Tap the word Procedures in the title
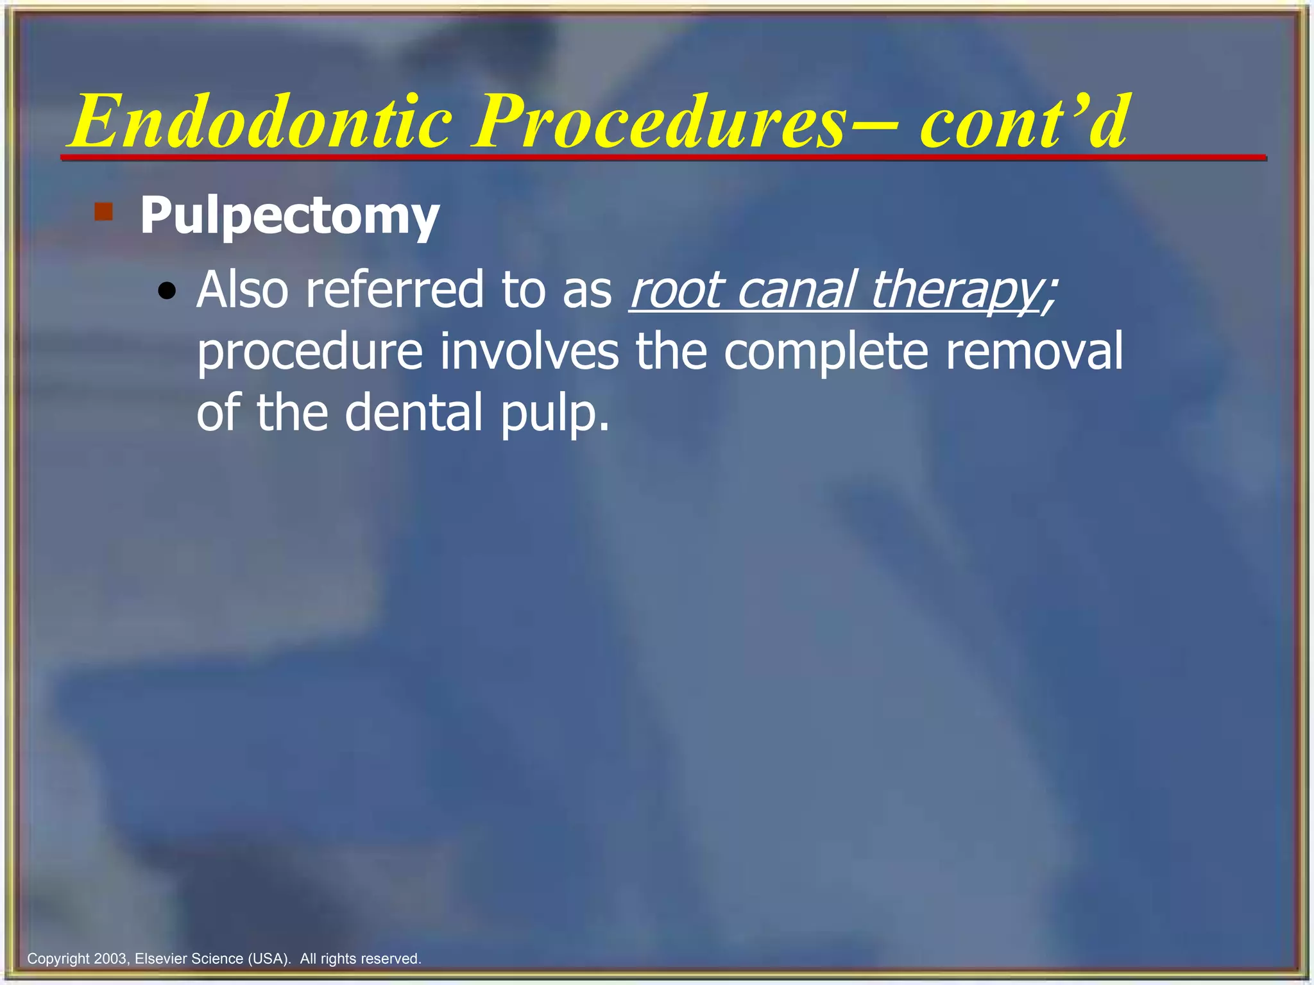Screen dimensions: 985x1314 tap(658, 122)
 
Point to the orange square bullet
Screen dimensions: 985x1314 tap(103, 212)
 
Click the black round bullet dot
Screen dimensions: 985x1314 tap(167, 292)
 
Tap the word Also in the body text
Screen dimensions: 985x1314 tap(243, 290)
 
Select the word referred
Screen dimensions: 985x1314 tap(395, 290)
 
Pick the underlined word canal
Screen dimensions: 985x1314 tap(796, 290)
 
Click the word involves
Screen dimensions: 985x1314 tap(529, 351)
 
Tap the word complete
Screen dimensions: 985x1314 tap(826, 353)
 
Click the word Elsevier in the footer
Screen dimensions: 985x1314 tap(161, 959)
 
